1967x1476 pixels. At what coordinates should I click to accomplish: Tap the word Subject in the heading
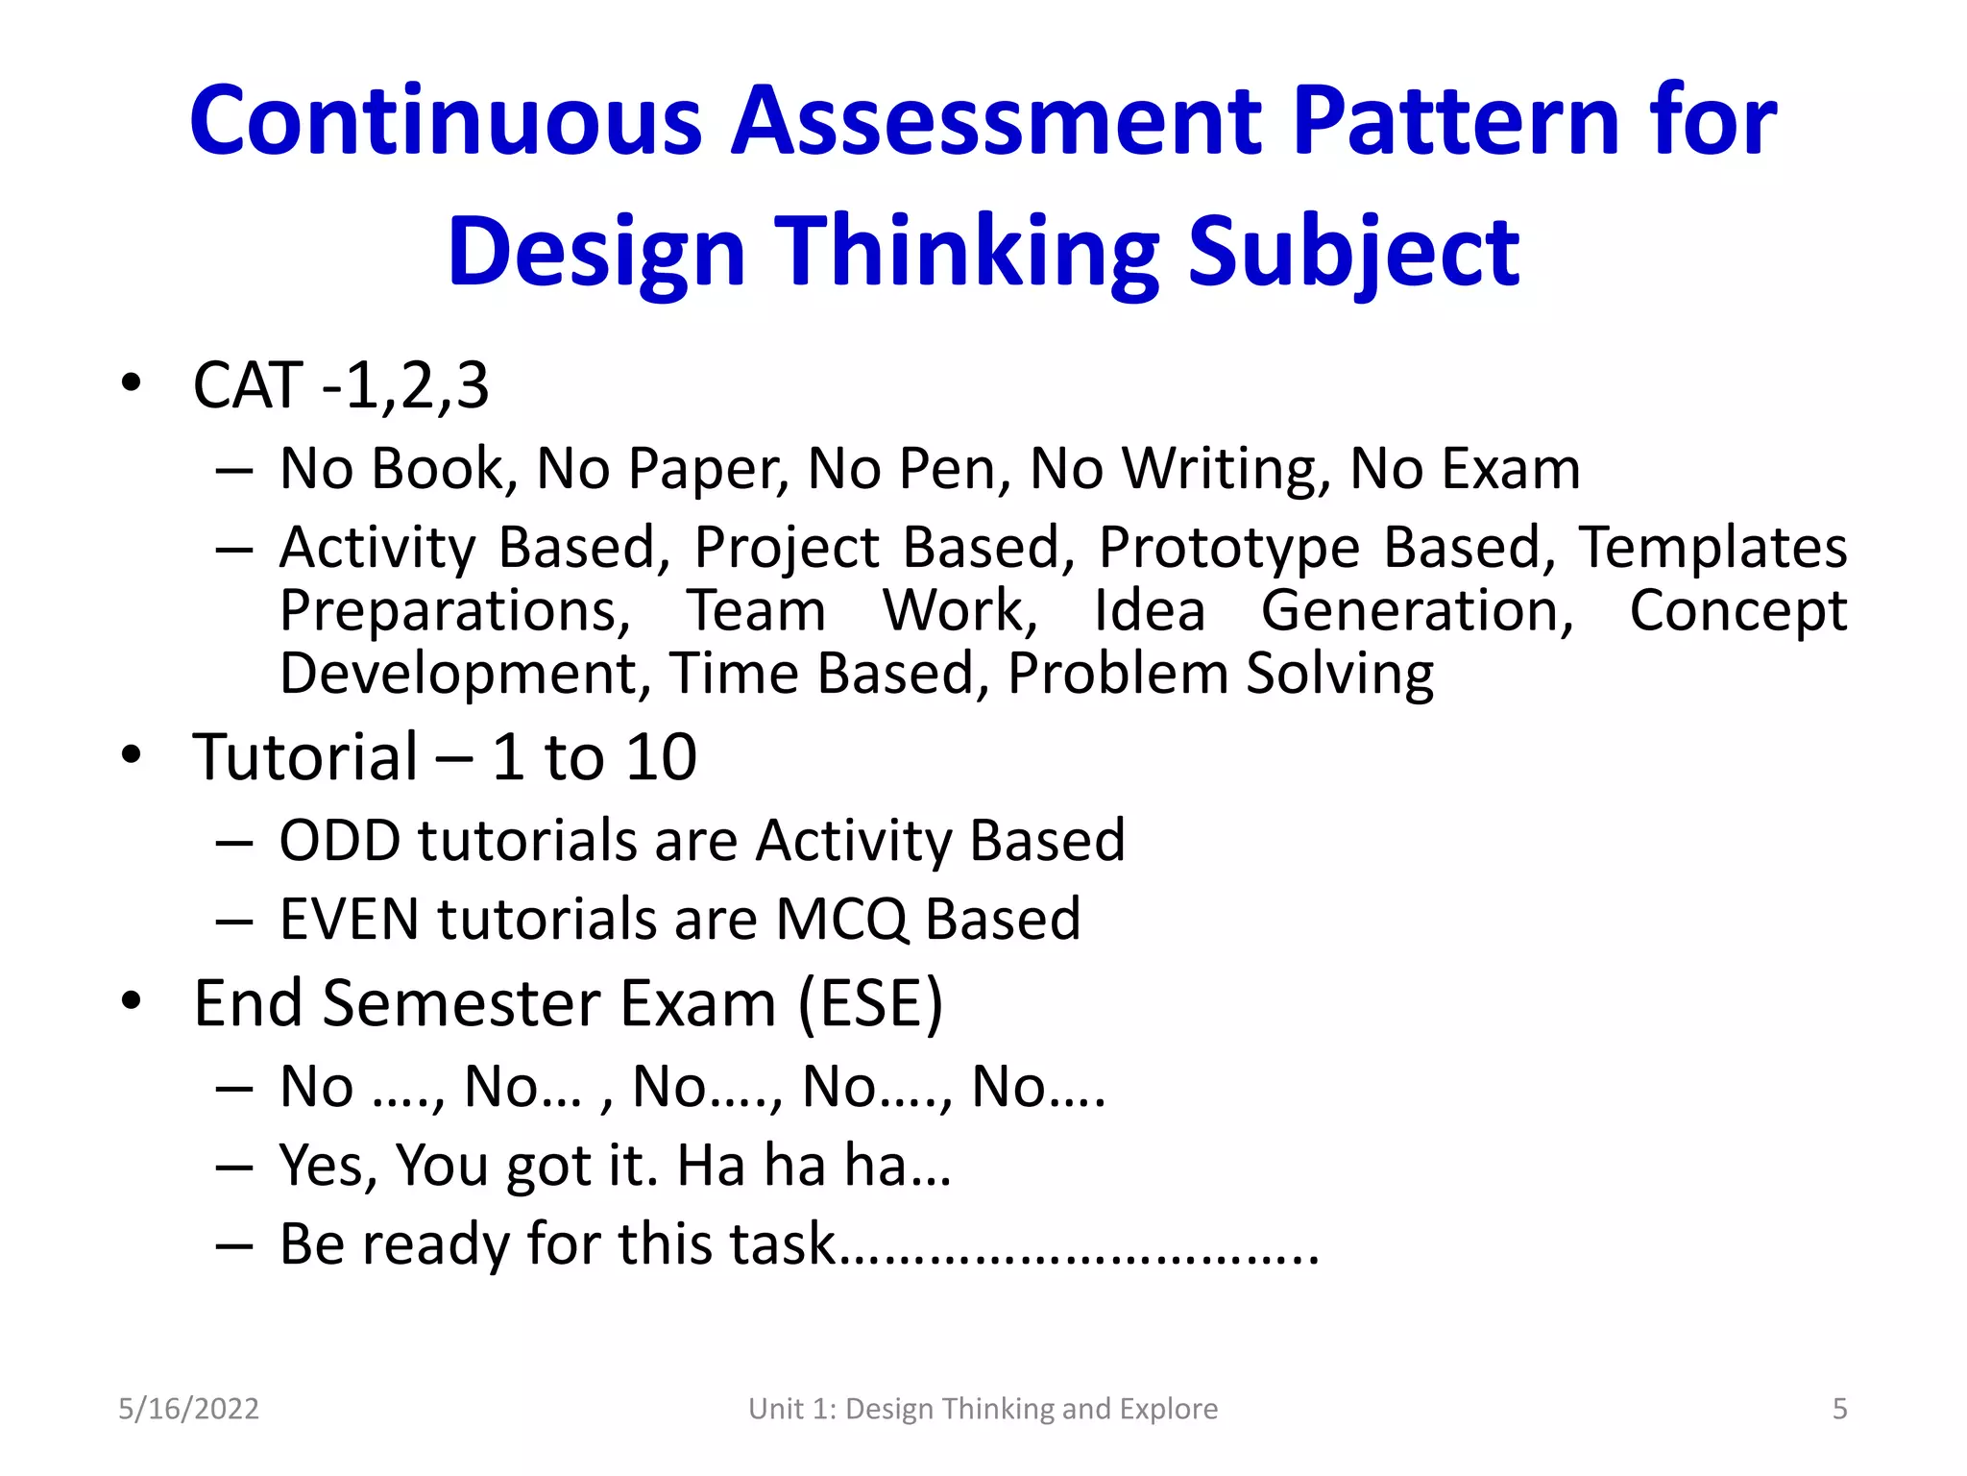(x=1353, y=253)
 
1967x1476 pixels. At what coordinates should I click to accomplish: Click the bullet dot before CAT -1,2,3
(x=132, y=383)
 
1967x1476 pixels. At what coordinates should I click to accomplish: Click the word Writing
(x=1226, y=470)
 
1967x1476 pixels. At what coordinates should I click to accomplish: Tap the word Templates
(x=1713, y=549)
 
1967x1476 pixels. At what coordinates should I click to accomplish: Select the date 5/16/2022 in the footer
(x=188, y=1409)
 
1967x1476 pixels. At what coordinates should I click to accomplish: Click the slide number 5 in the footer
(x=1839, y=1409)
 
